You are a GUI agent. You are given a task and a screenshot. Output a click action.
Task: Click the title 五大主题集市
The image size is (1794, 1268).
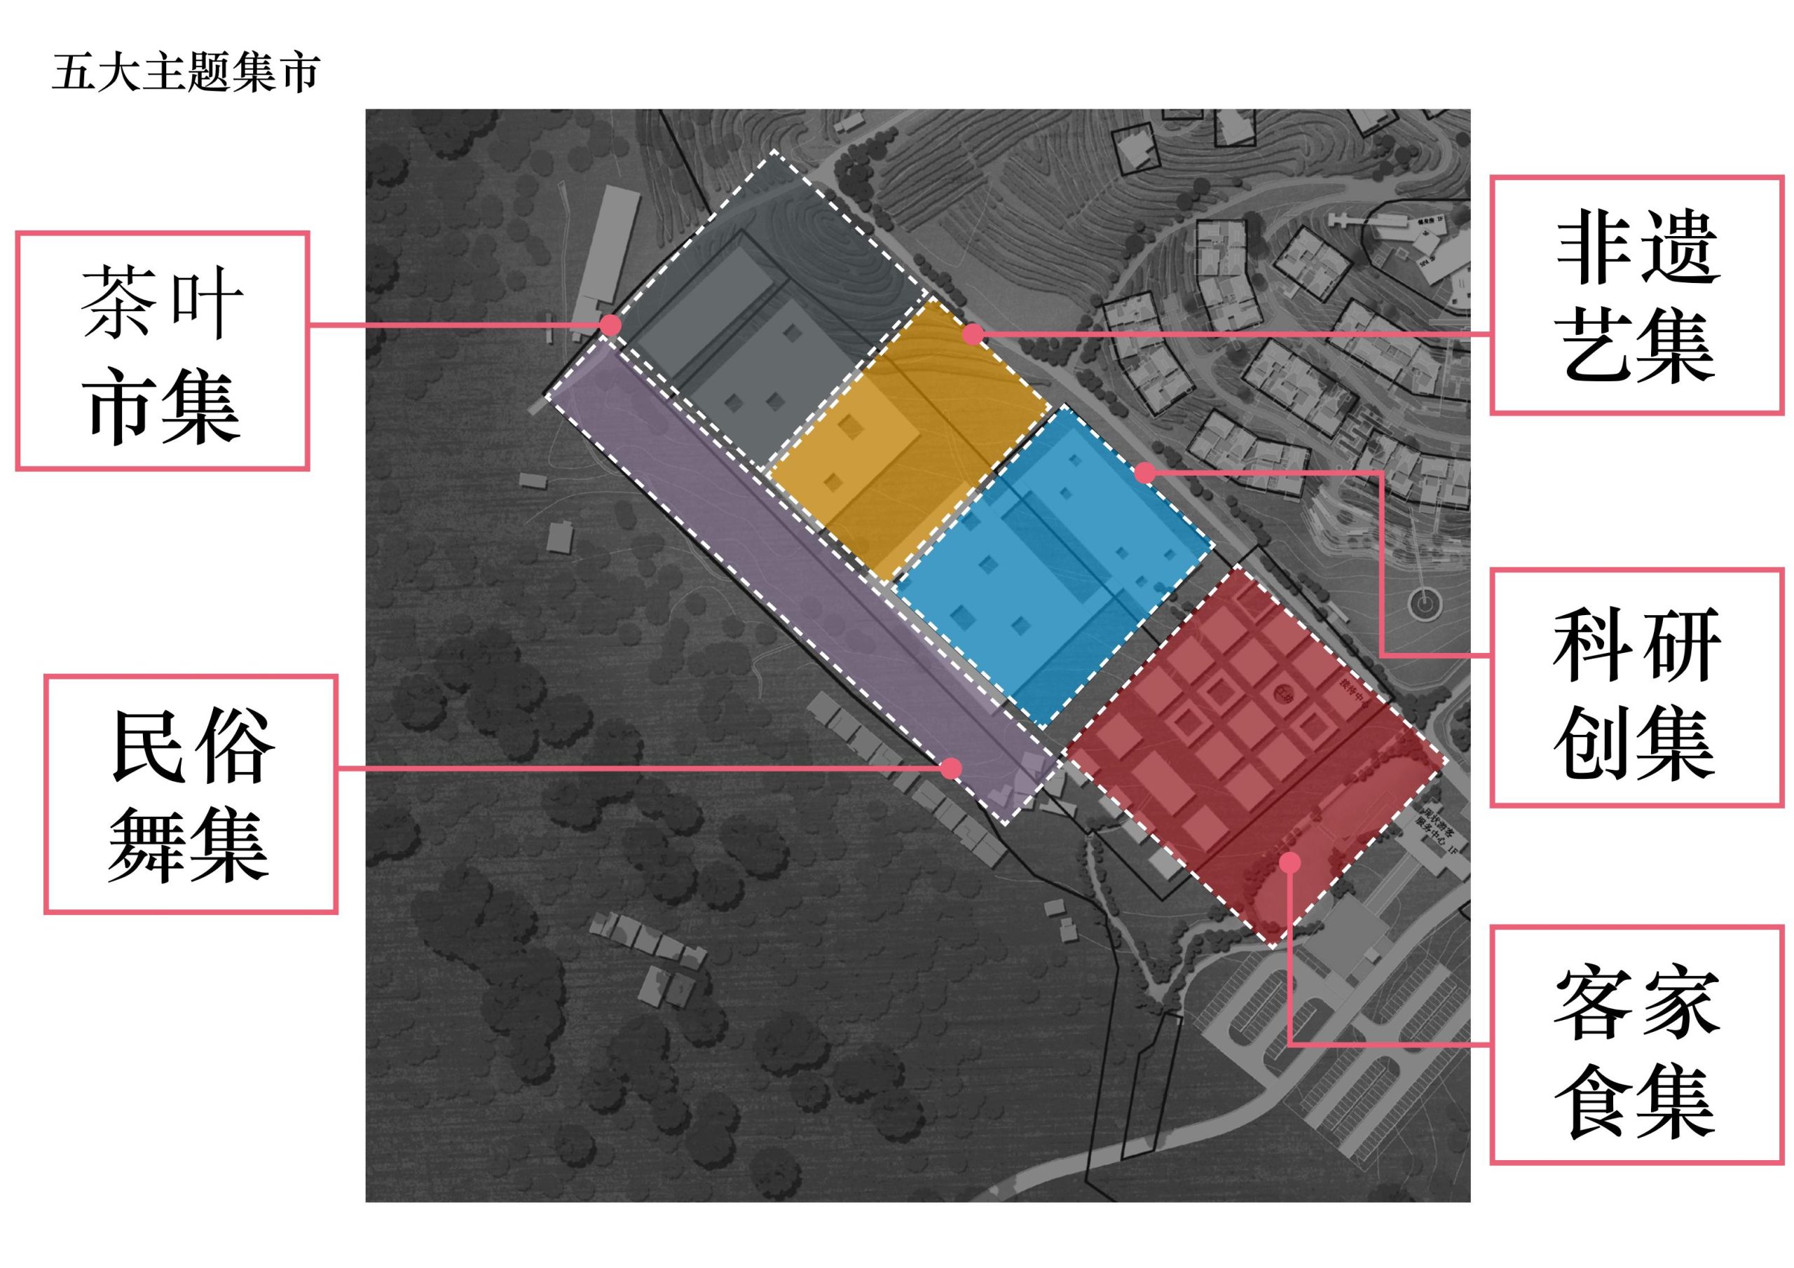coord(186,74)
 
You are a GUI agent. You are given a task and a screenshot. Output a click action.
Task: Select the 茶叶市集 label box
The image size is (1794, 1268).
coord(163,351)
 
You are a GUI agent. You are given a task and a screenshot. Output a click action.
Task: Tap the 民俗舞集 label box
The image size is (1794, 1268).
coord(191,794)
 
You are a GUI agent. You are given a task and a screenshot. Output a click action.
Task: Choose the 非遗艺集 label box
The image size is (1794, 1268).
coord(1637,296)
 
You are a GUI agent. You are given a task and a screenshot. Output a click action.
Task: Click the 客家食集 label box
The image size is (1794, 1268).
coord(1637,1045)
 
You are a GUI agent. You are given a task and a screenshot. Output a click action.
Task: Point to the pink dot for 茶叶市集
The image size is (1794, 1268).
coord(611,325)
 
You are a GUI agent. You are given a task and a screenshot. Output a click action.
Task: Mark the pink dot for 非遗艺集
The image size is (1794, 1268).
coord(972,334)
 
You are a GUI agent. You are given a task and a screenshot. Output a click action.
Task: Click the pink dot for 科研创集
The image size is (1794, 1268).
coord(1144,473)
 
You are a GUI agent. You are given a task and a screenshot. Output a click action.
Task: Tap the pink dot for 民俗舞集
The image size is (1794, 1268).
coord(951,769)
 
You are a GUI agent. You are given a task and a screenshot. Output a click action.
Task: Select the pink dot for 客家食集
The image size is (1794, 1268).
coord(1290,862)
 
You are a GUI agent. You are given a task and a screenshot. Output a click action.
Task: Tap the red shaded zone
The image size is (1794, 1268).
coord(1250,750)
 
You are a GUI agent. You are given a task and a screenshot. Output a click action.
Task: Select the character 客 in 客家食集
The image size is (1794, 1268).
coord(1594,1002)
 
